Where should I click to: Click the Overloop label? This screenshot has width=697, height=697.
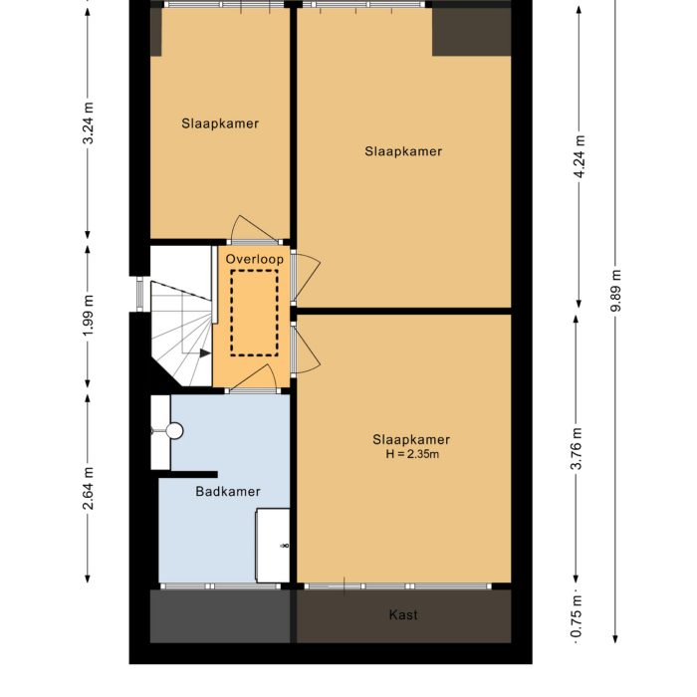tap(254, 259)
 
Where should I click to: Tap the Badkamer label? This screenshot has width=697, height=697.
tap(228, 491)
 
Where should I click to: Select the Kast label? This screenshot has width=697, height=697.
tap(403, 615)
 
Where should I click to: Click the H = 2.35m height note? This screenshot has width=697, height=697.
tap(411, 454)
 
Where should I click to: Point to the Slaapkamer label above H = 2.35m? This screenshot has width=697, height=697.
tap(411, 439)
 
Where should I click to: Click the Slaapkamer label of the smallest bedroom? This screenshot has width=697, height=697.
tap(220, 124)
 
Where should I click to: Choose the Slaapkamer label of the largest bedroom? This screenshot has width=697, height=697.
tap(403, 151)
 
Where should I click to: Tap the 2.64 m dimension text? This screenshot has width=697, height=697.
tap(88, 489)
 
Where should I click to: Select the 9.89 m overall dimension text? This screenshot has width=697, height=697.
tap(616, 291)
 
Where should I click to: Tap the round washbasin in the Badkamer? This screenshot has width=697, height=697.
tap(175, 431)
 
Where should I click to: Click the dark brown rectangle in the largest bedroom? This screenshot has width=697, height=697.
tap(471, 32)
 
